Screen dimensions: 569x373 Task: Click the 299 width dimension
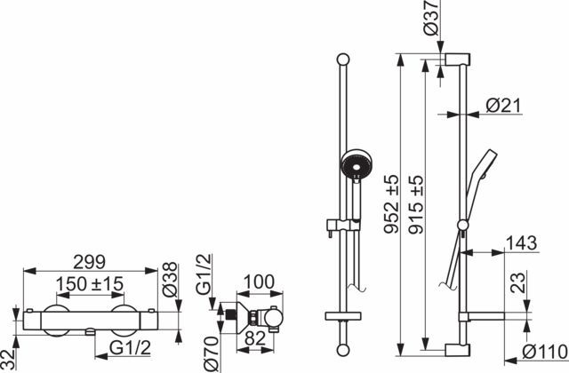(x=89, y=262)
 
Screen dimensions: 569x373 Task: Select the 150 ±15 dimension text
(x=90, y=284)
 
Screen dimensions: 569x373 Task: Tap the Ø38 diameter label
(x=170, y=280)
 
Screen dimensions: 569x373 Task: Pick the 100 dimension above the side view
(x=259, y=282)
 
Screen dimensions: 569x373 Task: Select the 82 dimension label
(x=255, y=339)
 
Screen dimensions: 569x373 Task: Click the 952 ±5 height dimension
(x=391, y=203)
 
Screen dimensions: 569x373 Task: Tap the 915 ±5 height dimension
(x=416, y=204)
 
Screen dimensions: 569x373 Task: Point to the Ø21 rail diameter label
(x=503, y=106)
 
